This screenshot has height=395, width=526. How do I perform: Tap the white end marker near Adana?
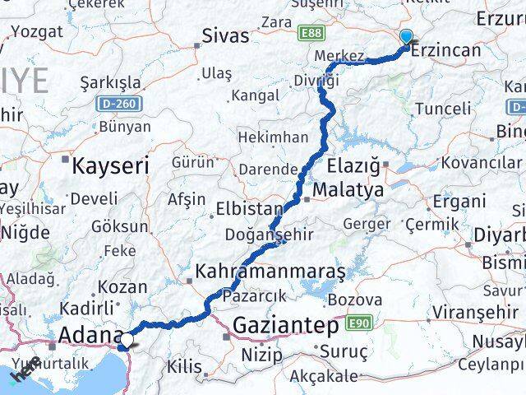126,337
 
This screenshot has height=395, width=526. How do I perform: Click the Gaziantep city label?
285,326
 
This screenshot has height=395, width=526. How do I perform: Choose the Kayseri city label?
110,165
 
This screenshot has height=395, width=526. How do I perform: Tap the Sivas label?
226,35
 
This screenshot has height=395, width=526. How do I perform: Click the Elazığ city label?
358,165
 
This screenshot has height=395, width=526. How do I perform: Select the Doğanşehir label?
271,235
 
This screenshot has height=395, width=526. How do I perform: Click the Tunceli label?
443,109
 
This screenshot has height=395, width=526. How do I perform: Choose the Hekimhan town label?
274,137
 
